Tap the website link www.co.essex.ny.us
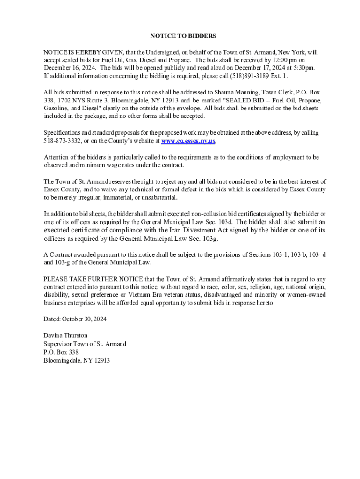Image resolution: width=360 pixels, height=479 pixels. pyautogui.click(x=188, y=140)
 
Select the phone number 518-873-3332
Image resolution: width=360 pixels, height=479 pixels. pyautogui.click(x=63, y=140)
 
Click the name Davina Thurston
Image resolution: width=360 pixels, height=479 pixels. pyautogui.click(x=65, y=335)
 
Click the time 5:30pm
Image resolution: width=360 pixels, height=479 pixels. pyautogui.click(x=304, y=68)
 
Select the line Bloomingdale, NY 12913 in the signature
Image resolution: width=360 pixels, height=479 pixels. pyautogui.click(x=77, y=360)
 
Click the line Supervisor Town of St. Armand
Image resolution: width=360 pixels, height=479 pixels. pyautogui.click(x=85, y=344)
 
